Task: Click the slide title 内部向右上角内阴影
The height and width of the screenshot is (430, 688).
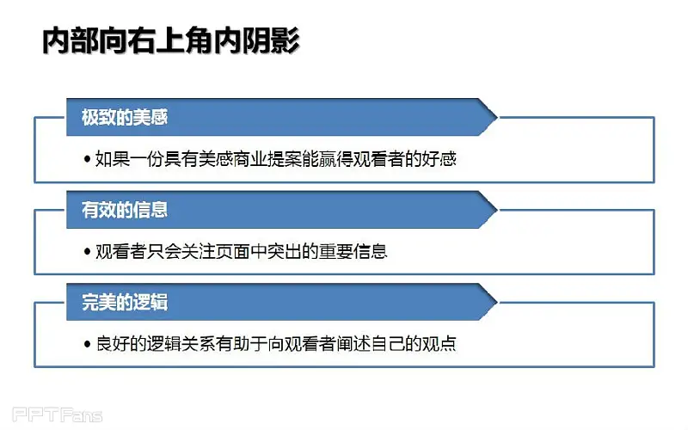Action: [x=170, y=40]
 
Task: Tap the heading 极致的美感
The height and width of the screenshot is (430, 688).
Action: [x=125, y=117]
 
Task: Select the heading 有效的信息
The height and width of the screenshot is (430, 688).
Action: [x=125, y=210]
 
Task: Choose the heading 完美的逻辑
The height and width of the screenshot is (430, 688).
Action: [x=125, y=303]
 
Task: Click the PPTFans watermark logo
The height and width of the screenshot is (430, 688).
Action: [x=57, y=415]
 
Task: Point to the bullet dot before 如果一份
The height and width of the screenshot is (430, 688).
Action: [x=87, y=159]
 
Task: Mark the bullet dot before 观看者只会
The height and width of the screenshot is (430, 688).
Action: [x=87, y=251]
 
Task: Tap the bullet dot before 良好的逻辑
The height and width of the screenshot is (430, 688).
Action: [x=87, y=344]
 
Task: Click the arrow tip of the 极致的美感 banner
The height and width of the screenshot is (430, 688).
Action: [x=497, y=117]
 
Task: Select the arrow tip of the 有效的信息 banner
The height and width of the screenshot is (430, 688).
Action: [x=497, y=210]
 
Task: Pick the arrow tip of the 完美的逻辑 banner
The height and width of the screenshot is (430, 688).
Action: [x=497, y=303]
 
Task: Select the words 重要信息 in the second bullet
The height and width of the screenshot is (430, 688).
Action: [x=353, y=251]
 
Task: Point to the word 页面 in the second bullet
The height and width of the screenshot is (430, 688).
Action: [x=232, y=251]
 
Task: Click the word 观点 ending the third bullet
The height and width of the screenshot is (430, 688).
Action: [x=439, y=344]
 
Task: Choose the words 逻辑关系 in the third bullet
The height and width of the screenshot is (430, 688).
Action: [x=181, y=344]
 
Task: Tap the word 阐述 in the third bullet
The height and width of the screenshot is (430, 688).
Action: [x=353, y=344]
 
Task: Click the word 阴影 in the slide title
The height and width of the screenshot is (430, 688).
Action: [x=271, y=40]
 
